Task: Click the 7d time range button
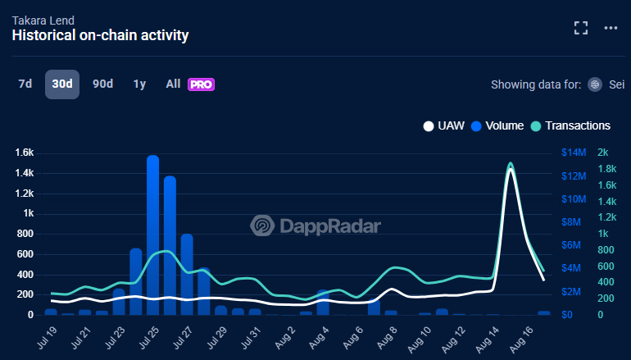(25, 84)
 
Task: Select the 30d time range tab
(62, 84)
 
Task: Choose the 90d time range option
(102, 84)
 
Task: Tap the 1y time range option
(139, 84)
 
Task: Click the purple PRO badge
(201, 84)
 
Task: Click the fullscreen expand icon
(581, 27)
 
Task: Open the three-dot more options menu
(611, 27)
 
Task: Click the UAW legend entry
(444, 125)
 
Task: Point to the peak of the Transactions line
(511, 164)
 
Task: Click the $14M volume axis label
(574, 153)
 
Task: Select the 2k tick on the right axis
(602, 153)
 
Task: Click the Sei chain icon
(595, 84)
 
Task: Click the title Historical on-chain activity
(100, 35)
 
